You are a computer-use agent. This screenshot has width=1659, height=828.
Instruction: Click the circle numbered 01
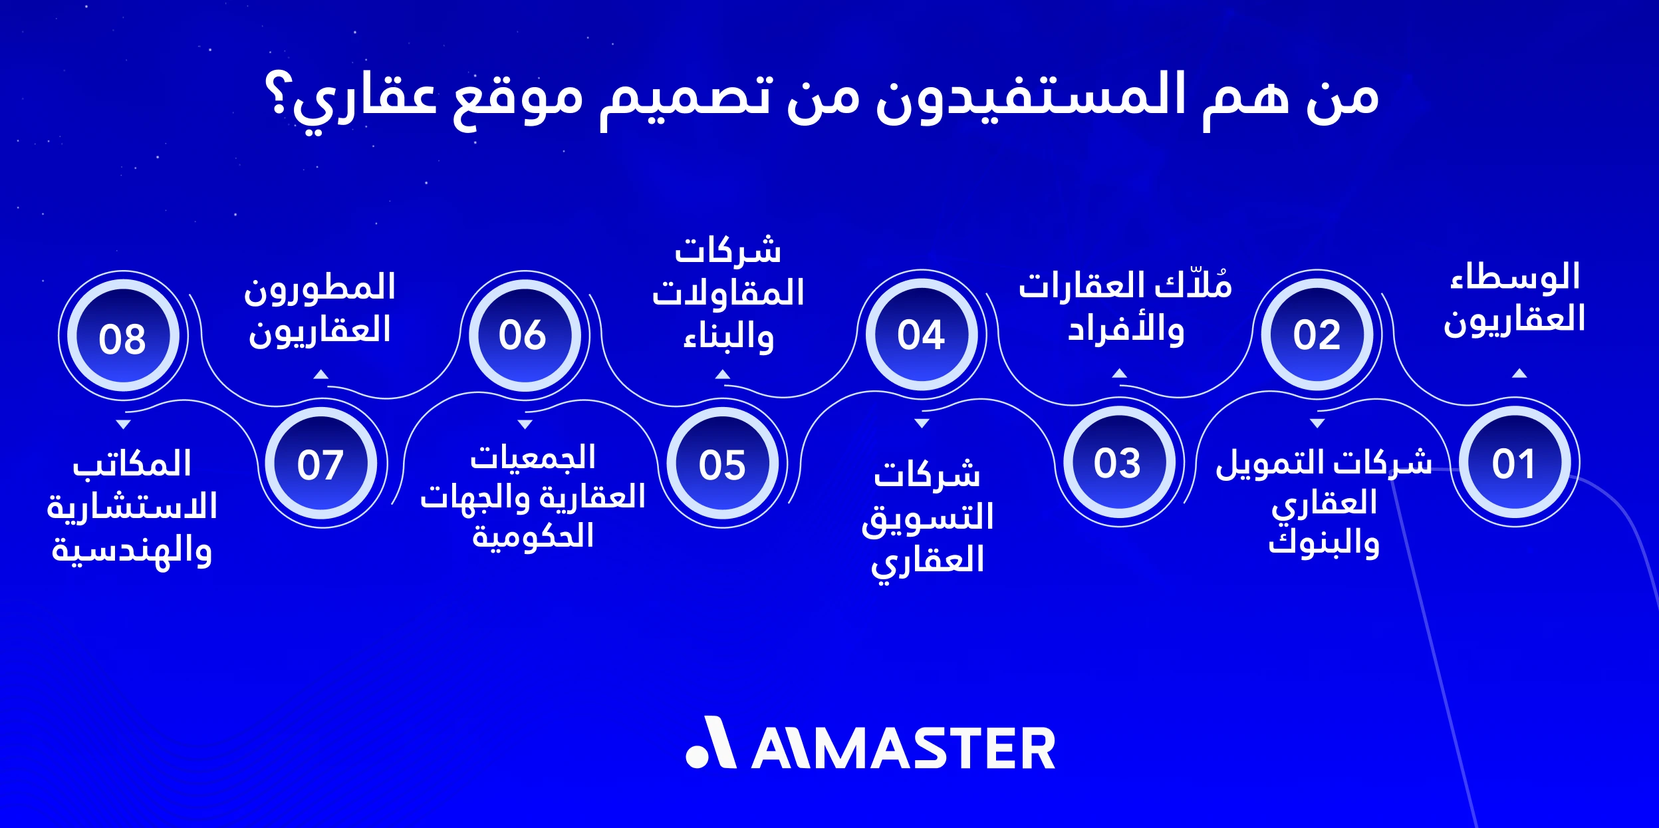coord(1514,463)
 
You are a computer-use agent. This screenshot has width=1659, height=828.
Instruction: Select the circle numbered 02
coord(1317,335)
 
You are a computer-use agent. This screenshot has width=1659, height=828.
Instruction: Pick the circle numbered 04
coord(922,335)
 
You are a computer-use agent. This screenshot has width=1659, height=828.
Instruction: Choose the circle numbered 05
coord(723,464)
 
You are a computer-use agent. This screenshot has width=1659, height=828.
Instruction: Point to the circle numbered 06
coord(524,335)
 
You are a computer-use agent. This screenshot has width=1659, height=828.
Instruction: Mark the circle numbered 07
coord(320,464)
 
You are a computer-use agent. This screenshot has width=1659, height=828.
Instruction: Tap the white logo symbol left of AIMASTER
coord(710,743)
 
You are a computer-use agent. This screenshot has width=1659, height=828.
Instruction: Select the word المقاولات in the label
coord(728,293)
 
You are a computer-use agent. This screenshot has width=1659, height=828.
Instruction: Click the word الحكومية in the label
coord(533,536)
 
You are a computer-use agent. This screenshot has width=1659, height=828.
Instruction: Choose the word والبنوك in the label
coord(1324,543)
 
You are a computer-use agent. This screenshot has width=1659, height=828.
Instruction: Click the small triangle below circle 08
coord(123,424)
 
